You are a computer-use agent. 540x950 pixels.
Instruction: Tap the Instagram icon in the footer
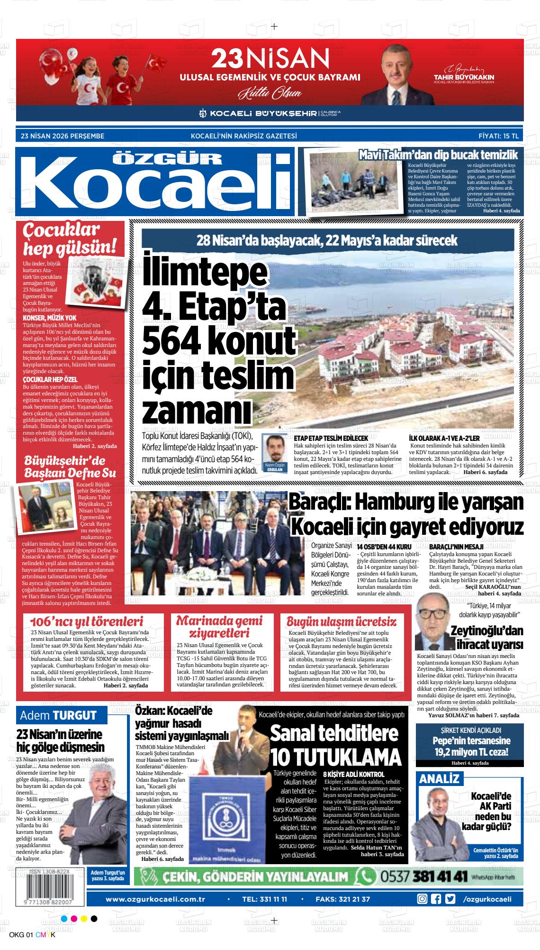422,886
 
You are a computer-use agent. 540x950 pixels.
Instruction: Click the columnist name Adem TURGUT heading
58,715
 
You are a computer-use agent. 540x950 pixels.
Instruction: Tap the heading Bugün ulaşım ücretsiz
341,621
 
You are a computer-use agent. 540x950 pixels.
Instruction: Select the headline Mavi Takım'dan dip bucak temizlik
438,155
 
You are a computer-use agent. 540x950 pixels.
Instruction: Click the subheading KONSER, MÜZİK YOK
50,317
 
